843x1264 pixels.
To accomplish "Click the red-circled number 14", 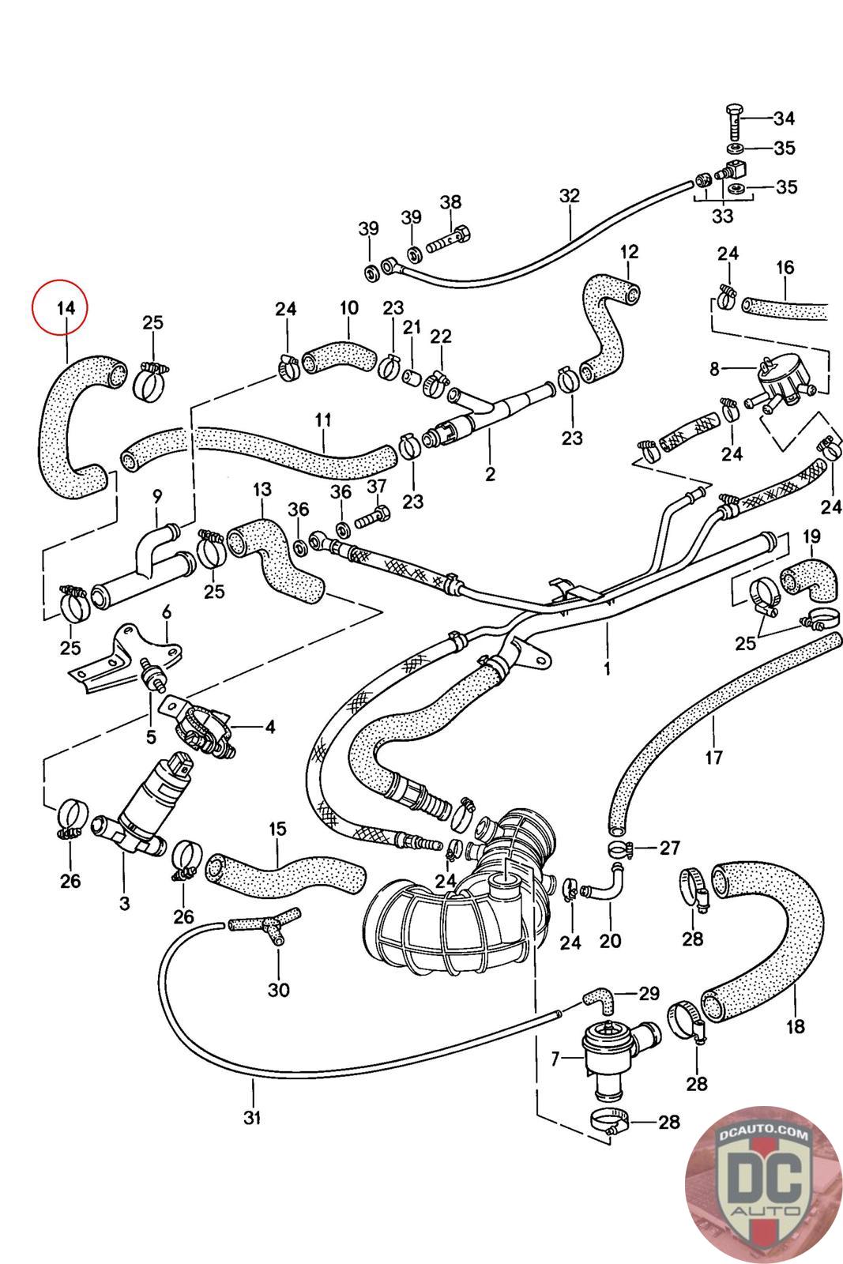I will pyautogui.click(x=60, y=308).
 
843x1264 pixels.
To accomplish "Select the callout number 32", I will pyautogui.click(x=569, y=196).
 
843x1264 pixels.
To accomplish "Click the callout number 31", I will pyautogui.click(x=252, y=1118).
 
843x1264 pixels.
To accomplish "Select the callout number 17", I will pyautogui.click(x=713, y=757).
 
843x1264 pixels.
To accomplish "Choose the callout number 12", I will pyautogui.click(x=629, y=253).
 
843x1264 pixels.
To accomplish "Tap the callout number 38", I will pyautogui.click(x=450, y=201).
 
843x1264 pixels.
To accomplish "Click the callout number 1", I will pyautogui.click(x=607, y=668).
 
